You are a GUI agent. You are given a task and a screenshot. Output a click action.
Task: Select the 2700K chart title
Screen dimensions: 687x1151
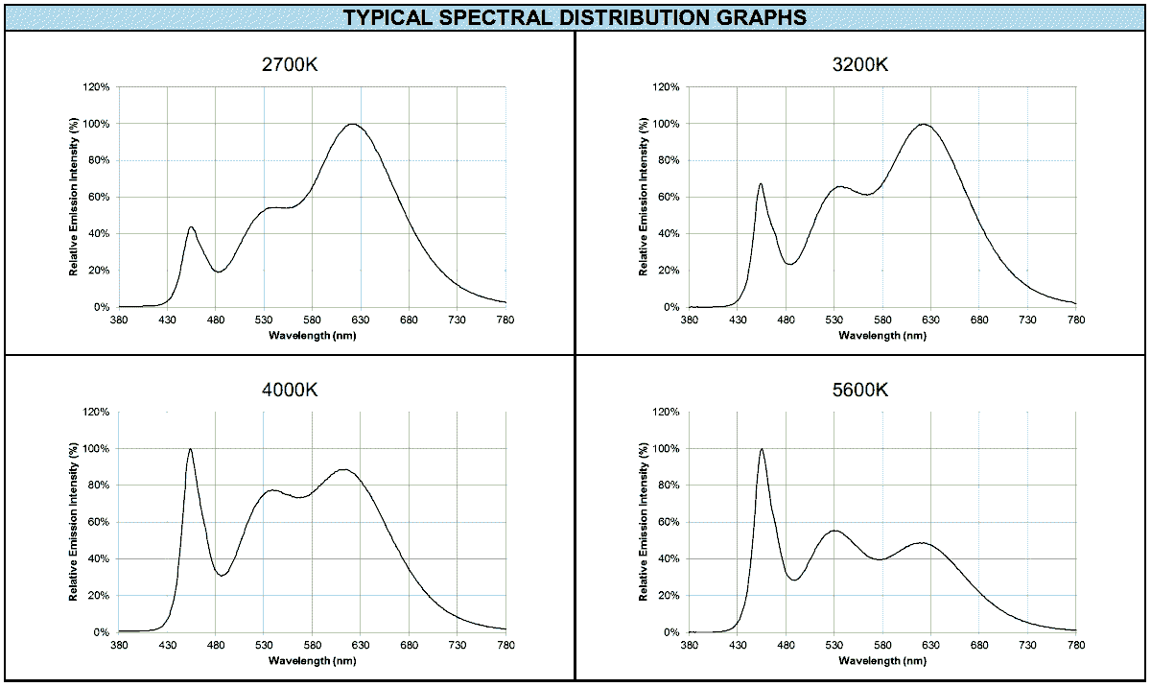tap(291, 65)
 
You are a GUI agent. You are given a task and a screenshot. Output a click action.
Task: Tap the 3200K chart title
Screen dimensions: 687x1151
tap(860, 65)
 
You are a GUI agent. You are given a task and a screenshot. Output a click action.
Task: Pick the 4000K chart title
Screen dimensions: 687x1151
tap(291, 391)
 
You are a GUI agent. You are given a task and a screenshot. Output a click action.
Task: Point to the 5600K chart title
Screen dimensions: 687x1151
tap(860, 391)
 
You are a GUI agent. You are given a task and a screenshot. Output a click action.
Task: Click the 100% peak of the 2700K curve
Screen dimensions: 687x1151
tap(353, 124)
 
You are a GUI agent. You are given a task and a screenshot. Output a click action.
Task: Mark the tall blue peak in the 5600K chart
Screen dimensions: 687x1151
tap(762, 449)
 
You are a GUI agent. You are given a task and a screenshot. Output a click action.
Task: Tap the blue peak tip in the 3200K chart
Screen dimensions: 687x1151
tap(761, 184)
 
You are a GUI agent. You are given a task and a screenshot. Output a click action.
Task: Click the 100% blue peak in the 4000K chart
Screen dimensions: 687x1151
tap(190, 449)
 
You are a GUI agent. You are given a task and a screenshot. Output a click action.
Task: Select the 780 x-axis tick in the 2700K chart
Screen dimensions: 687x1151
tap(505, 320)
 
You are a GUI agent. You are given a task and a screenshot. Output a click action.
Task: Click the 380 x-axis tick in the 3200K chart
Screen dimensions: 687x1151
tap(690, 320)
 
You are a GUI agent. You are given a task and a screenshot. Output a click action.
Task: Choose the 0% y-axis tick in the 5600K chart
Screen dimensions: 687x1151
tap(673, 632)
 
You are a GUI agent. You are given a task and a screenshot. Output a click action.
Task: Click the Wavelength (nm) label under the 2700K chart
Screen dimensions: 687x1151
tap(312, 335)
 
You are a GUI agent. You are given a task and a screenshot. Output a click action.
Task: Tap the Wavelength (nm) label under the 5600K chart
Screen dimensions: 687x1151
tap(882, 661)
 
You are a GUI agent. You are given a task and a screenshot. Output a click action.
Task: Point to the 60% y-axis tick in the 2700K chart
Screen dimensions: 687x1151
tap(101, 198)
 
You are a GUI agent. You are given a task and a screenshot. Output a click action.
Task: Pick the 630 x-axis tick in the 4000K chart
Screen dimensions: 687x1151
tap(361, 645)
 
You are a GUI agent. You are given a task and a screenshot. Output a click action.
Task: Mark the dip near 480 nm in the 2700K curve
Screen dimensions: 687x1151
tap(218, 272)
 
